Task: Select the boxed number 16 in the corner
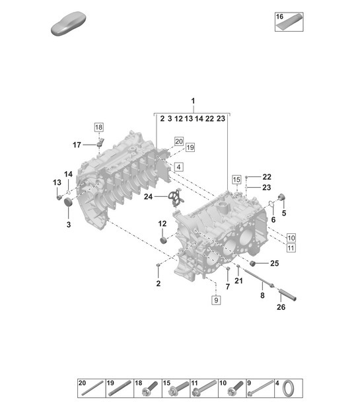(x=280, y=16)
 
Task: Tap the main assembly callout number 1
(x=194, y=102)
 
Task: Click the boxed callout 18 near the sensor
(x=98, y=127)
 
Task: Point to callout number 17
(x=77, y=144)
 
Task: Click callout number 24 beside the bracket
(x=148, y=197)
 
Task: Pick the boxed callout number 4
(x=178, y=167)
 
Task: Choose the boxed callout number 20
(x=178, y=141)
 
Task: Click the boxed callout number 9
(x=216, y=300)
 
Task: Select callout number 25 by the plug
(x=274, y=263)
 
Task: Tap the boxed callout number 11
(x=291, y=248)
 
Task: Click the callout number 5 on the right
(x=284, y=213)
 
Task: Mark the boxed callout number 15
(x=236, y=179)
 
